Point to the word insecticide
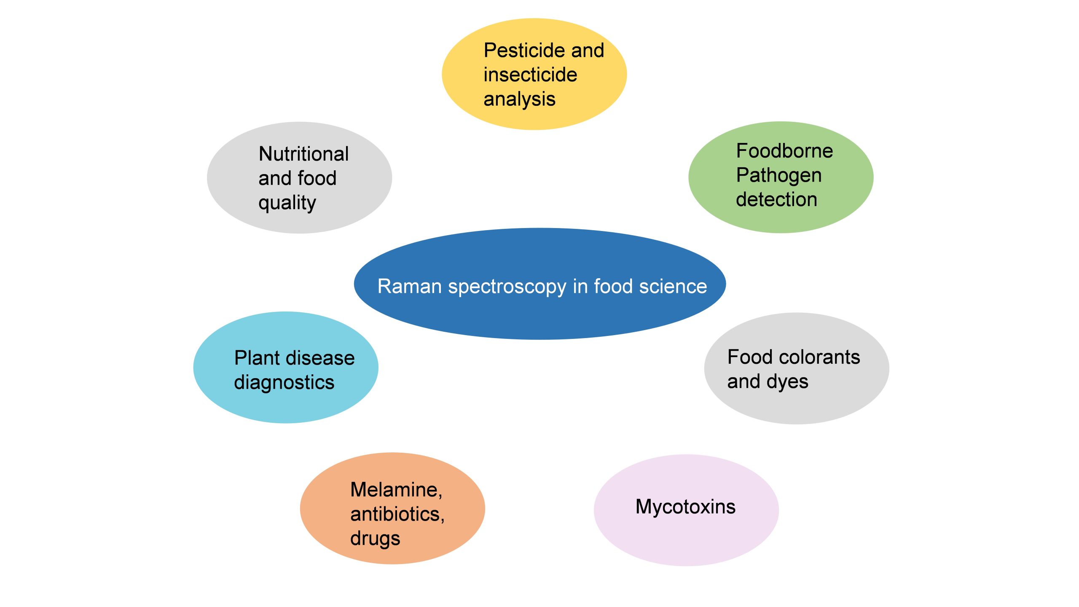[530, 75]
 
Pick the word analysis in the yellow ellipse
[519, 99]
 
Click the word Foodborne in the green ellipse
[784, 151]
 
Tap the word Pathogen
[779, 175]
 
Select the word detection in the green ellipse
[776, 200]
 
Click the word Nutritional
[303, 154]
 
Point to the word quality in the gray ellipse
[287, 203]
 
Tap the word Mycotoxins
[685, 507]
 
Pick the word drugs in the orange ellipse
[375, 539]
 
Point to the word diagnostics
[284, 383]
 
